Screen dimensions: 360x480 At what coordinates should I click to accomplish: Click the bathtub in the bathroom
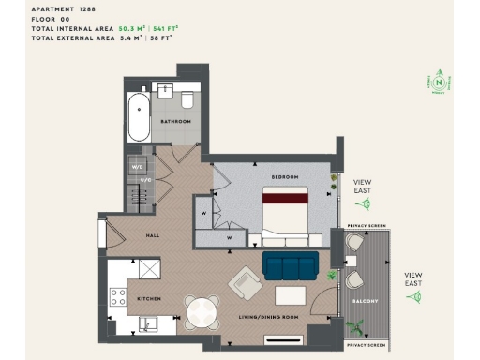point(140,115)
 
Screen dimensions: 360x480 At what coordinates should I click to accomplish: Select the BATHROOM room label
point(175,122)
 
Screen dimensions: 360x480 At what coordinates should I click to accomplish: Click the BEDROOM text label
point(285,177)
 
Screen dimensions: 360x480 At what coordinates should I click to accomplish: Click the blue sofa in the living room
point(290,266)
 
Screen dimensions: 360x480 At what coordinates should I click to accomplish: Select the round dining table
point(202,311)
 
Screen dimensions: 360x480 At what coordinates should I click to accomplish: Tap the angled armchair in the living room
point(247,282)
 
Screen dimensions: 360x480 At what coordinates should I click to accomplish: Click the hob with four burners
point(119,297)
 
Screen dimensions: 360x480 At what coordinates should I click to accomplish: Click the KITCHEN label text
point(150,298)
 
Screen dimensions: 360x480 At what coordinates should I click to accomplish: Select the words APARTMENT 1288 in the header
point(63,8)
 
